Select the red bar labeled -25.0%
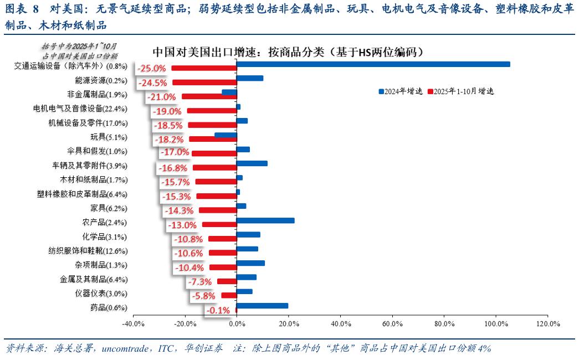coord(203,68)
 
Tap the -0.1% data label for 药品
coord(218,311)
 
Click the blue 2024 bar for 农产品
coord(265,220)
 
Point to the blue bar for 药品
coord(262,306)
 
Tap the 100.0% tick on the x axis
coord(495,323)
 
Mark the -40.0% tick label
coord(133,323)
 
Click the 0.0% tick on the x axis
coord(237,323)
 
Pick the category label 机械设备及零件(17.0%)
coord(88,123)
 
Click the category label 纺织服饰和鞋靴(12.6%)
coord(88,251)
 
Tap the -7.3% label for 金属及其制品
coord(201,282)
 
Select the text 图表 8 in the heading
coord(22,9)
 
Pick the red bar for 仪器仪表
coord(228,295)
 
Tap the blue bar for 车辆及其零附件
coord(252,163)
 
